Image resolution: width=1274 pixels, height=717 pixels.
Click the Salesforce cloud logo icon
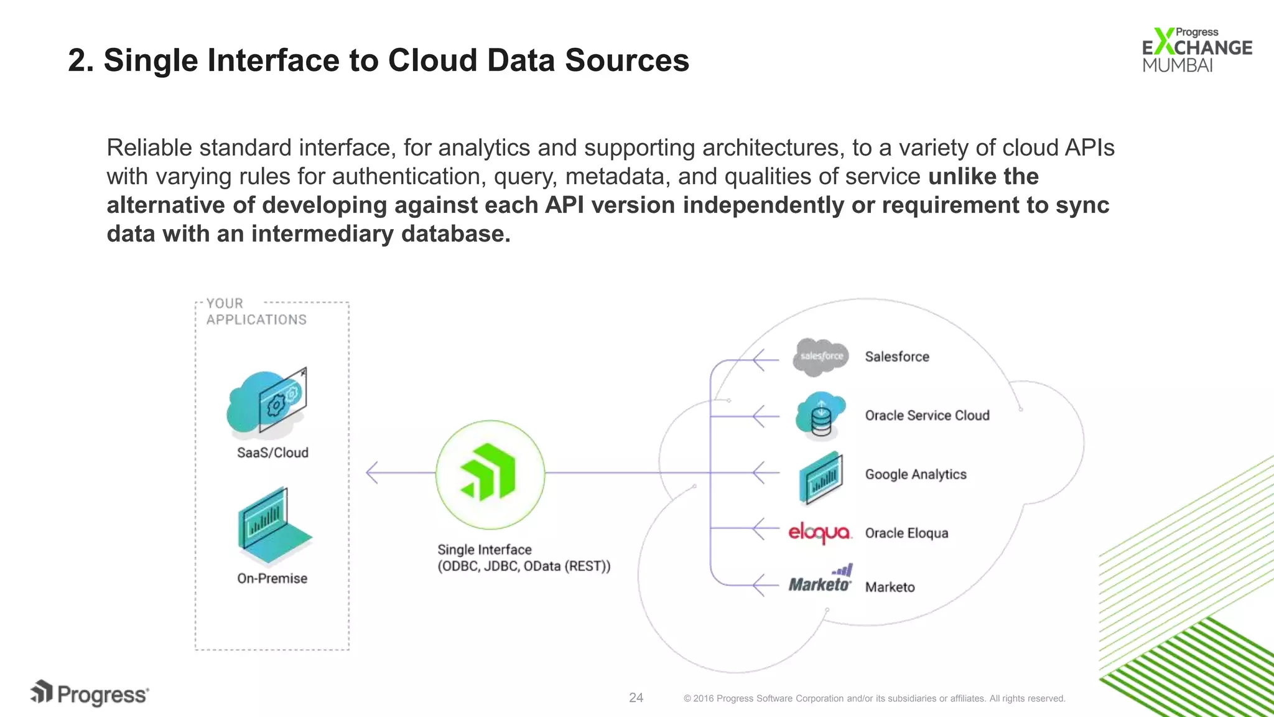(821, 357)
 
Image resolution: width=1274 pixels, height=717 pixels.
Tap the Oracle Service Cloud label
(927, 416)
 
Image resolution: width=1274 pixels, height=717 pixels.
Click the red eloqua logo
(819, 533)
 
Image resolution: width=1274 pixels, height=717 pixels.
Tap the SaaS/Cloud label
(272, 453)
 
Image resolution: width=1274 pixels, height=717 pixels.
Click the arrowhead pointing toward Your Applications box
(372, 473)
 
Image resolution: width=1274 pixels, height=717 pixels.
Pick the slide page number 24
(636, 698)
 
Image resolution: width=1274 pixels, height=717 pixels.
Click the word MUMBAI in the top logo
(1177, 65)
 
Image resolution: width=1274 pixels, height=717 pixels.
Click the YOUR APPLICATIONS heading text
(256, 312)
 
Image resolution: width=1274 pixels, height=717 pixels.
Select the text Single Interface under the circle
(485, 550)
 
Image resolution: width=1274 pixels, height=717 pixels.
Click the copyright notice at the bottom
(874, 698)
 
